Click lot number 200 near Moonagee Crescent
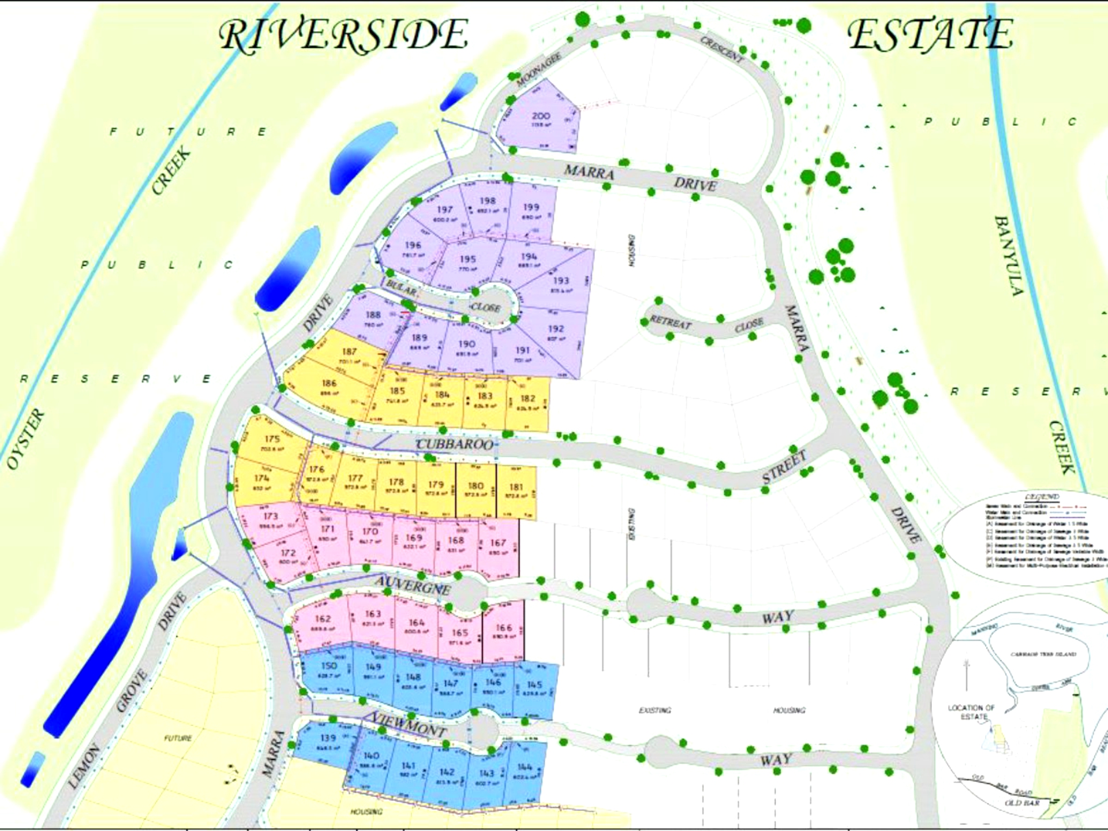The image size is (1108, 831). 541,116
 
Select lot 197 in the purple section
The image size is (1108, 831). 444,210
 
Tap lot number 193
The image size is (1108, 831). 561,281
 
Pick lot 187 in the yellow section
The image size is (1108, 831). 349,351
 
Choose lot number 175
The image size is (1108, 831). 272,439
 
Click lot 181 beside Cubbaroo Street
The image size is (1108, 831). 516,487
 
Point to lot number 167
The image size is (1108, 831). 497,542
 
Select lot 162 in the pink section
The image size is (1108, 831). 323,619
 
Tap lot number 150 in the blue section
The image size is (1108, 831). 328,666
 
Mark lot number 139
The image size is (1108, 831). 328,738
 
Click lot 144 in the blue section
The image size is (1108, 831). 524,767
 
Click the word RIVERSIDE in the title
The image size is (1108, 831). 343,35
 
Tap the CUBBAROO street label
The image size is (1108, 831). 455,444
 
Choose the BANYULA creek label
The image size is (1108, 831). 1009,255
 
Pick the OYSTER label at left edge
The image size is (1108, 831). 25,439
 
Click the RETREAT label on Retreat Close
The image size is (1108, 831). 671,322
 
